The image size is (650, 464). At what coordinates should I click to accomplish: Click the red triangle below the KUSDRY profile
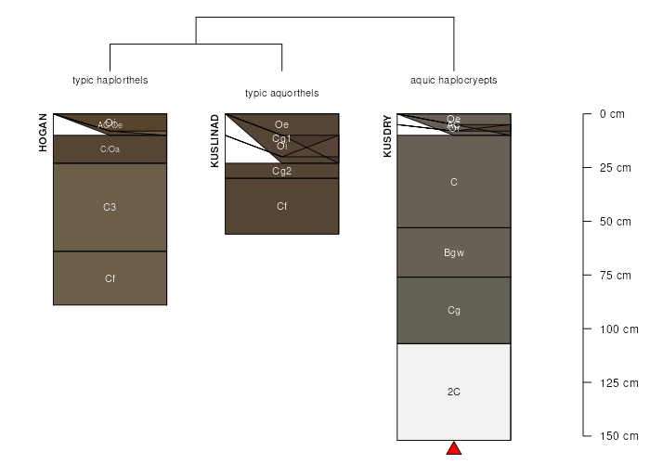coord(454,449)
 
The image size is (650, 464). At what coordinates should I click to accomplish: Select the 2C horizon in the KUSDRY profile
coord(454,392)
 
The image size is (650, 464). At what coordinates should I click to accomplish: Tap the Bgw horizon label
coord(454,252)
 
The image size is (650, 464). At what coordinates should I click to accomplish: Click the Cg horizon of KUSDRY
coord(454,310)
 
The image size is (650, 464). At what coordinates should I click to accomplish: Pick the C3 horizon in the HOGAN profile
coord(110,206)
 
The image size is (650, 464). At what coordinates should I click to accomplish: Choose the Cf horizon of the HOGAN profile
coord(110,277)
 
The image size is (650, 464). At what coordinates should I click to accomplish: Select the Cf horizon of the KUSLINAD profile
coord(281,206)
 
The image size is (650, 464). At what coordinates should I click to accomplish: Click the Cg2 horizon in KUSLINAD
coord(281,171)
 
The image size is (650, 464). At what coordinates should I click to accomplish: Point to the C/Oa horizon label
coord(110,149)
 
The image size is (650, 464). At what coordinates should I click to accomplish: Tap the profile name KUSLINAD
coord(215,140)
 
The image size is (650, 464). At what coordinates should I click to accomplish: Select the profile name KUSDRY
coord(387,136)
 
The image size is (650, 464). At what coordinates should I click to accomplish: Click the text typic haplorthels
coord(110,80)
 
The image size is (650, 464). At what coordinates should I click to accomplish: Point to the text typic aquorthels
coord(281,93)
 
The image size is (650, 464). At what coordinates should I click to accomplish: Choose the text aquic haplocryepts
coord(454,80)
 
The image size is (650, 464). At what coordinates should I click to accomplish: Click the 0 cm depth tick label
coord(612,114)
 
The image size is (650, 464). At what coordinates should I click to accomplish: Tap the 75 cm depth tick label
coord(615,275)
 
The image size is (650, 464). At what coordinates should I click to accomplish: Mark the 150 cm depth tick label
coord(617,435)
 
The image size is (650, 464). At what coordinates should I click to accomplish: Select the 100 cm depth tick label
coord(617,329)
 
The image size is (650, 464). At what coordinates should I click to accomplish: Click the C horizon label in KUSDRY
coord(454,182)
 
